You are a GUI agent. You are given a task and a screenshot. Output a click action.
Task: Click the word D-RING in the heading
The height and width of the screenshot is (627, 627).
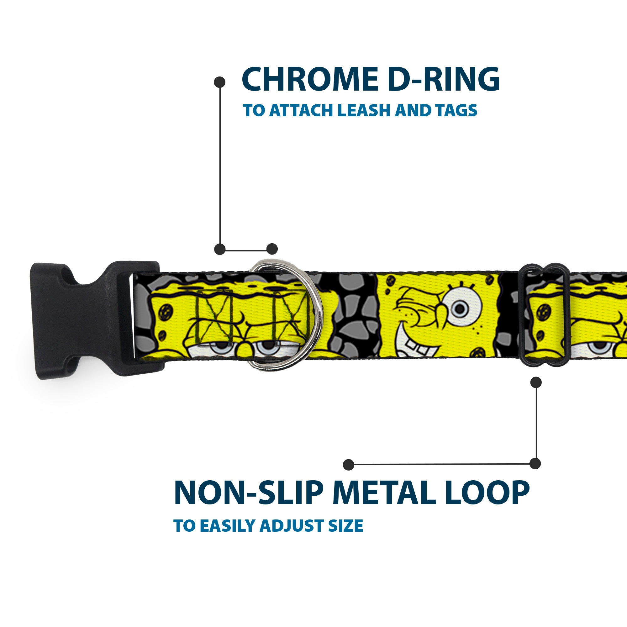point(443,79)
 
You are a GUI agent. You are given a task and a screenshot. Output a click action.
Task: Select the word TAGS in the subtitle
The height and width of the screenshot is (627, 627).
point(456,110)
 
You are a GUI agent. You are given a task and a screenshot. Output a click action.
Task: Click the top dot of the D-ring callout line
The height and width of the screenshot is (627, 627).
point(220,82)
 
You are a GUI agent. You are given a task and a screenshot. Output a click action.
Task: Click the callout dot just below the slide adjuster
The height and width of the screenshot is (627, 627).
point(536,382)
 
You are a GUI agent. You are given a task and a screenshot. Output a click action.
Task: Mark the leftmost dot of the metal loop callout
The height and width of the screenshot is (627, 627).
point(349,464)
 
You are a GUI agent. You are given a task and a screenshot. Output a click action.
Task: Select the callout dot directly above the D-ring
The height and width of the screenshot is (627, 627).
point(272,249)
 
